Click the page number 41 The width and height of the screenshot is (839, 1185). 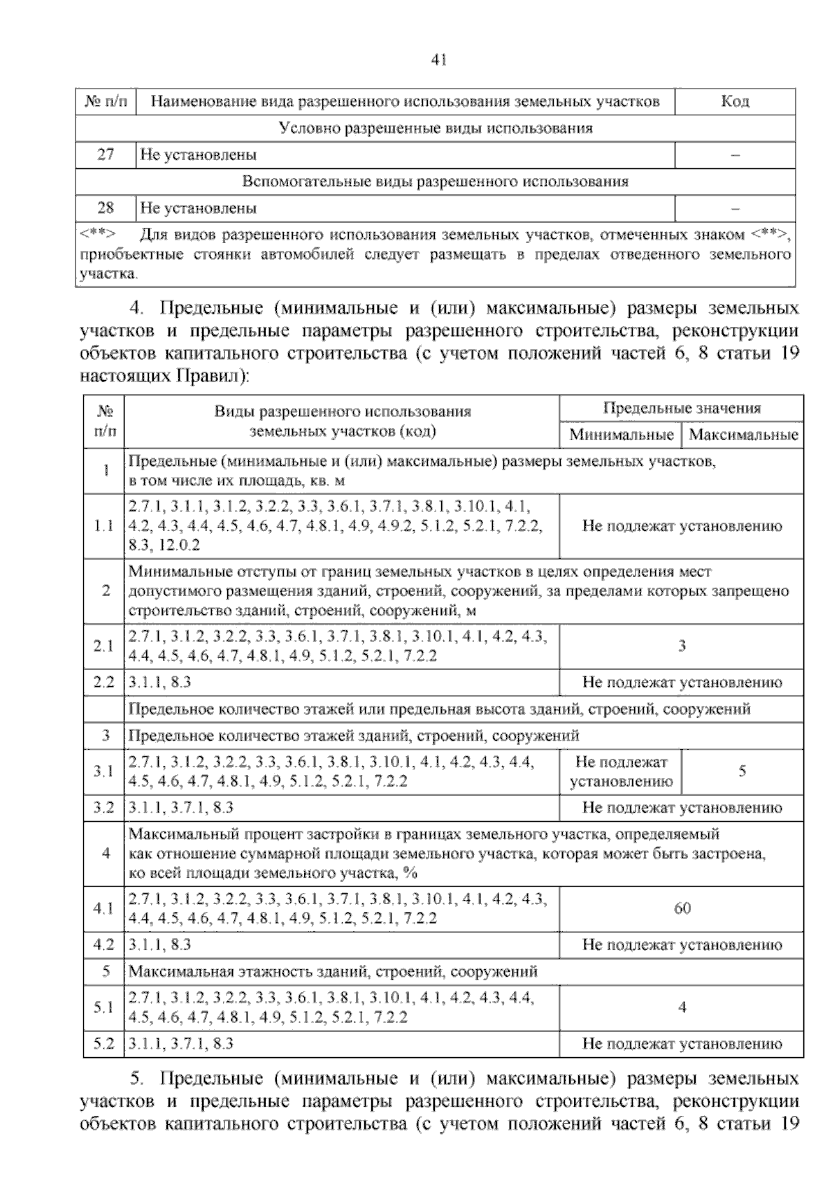pyautogui.click(x=439, y=60)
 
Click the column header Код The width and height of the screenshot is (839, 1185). pyautogui.click(x=735, y=101)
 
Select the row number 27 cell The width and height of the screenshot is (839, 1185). pyautogui.click(x=106, y=154)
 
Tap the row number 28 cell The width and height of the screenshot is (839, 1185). pyautogui.click(x=106, y=208)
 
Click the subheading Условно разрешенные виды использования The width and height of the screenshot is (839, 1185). pyautogui.click(x=435, y=128)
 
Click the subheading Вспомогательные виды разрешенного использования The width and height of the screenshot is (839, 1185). pyautogui.click(x=435, y=181)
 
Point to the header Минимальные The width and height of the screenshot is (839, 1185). pyautogui.click(x=620, y=435)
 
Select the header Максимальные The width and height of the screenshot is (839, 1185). pyautogui.click(x=743, y=435)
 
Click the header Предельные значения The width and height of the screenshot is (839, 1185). pyautogui.click(x=682, y=408)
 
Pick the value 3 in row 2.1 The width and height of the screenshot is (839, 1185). pyautogui.click(x=682, y=646)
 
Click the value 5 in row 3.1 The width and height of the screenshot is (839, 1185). pyautogui.click(x=743, y=771)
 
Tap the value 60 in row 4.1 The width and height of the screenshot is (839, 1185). pyautogui.click(x=682, y=908)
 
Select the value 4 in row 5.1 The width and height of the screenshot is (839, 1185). pyautogui.click(x=682, y=1008)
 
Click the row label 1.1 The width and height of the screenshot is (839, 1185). pyautogui.click(x=103, y=526)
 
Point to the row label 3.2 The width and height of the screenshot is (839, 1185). pyautogui.click(x=103, y=808)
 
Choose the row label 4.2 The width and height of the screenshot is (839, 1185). pyautogui.click(x=103, y=945)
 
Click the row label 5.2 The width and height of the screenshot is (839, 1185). pyautogui.click(x=103, y=1044)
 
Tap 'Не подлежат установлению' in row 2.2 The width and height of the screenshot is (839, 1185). pyautogui.click(x=682, y=683)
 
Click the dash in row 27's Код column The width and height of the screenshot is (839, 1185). pyautogui.click(x=735, y=154)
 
